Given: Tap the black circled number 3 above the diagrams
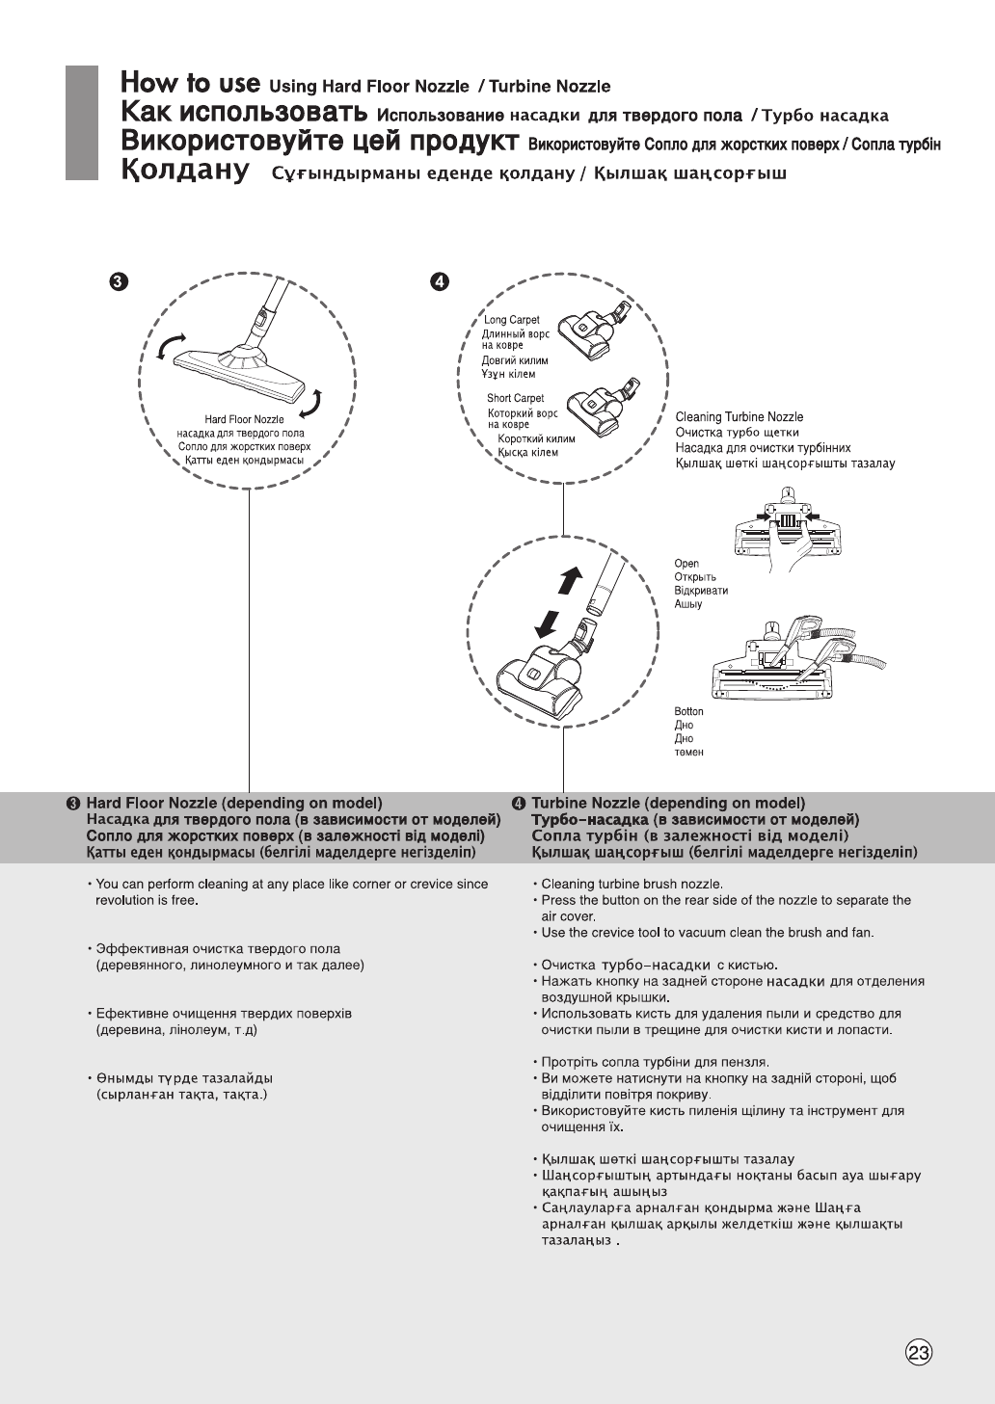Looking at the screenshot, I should click(x=117, y=281).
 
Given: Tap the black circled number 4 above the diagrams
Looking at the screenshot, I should click(x=439, y=281).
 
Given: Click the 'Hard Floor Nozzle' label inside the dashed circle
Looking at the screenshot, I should click(x=244, y=420).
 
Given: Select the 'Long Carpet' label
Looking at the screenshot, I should click(x=512, y=320).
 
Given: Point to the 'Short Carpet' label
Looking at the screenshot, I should click(x=515, y=398).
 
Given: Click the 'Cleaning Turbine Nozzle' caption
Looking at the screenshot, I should click(x=739, y=417).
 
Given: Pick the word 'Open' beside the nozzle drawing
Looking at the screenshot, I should click(x=686, y=564).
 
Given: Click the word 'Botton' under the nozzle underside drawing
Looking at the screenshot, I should click(x=688, y=712).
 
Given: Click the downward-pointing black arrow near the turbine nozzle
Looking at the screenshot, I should click(x=547, y=623).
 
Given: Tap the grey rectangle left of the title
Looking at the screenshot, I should click(x=82, y=122).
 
